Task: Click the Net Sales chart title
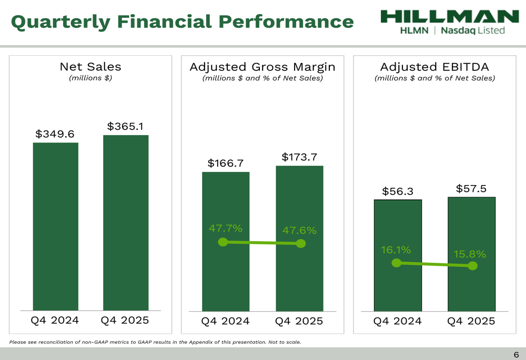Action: (x=90, y=67)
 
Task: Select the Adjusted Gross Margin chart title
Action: (x=262, y=67)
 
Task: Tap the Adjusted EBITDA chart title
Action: (x=434, y=67)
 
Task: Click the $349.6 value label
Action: (x=55, y=134)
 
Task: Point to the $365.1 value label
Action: (x=125, y=127)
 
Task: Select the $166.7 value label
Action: (x=226, y=163)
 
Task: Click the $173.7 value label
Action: (x=299, y=157)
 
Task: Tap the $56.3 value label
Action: (x=398, y=192)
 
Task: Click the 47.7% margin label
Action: (x=226, y=228)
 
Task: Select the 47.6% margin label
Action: (x=299, y=230)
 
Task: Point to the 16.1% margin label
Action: (x=396, y=250)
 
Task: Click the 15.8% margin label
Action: (x=470, y=254)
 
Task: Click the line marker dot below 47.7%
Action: (x=223, y=242)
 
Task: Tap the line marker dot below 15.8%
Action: (x=472, y=266)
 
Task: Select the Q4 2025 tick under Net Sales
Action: (x=125, y=320)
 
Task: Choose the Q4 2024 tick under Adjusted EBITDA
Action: (x=397, y=321)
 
